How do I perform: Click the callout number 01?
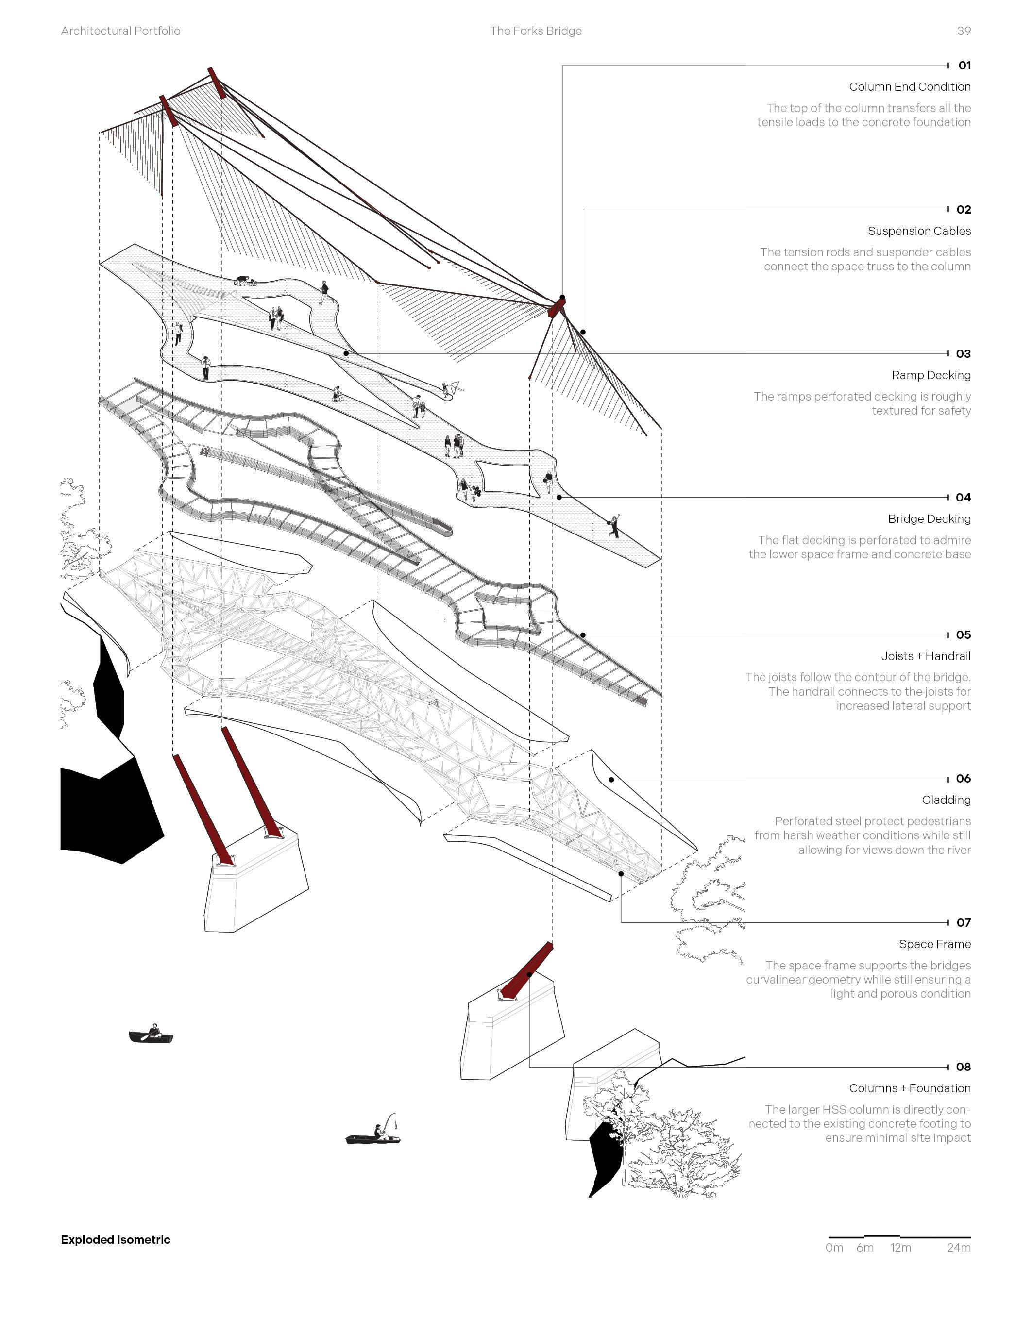964,66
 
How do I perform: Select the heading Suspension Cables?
919,231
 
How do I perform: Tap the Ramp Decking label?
930,375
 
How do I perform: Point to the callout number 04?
963,498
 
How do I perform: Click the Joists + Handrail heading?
926,656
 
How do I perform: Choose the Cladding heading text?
946,800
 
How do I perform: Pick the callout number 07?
964,922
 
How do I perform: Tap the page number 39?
964,31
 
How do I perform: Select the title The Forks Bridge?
536,31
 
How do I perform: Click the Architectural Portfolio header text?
120,31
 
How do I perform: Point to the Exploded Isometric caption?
116,1240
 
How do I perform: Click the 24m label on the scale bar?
958,1248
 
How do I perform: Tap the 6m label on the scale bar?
864,1248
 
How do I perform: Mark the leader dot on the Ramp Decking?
346,353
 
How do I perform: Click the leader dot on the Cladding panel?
611,780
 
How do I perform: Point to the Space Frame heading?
934,944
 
